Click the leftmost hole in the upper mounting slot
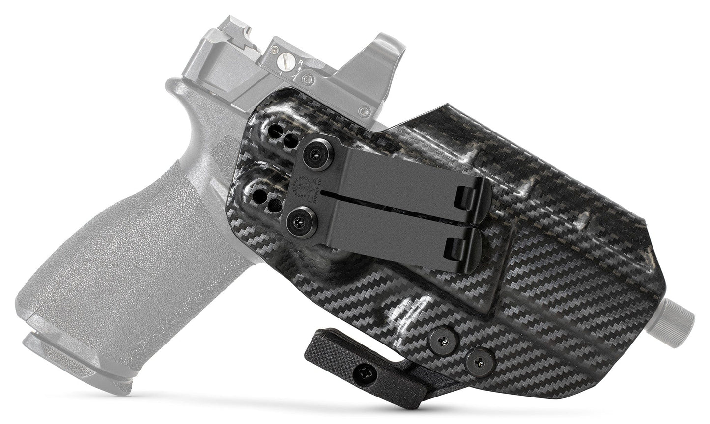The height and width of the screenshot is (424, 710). point(273,132)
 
